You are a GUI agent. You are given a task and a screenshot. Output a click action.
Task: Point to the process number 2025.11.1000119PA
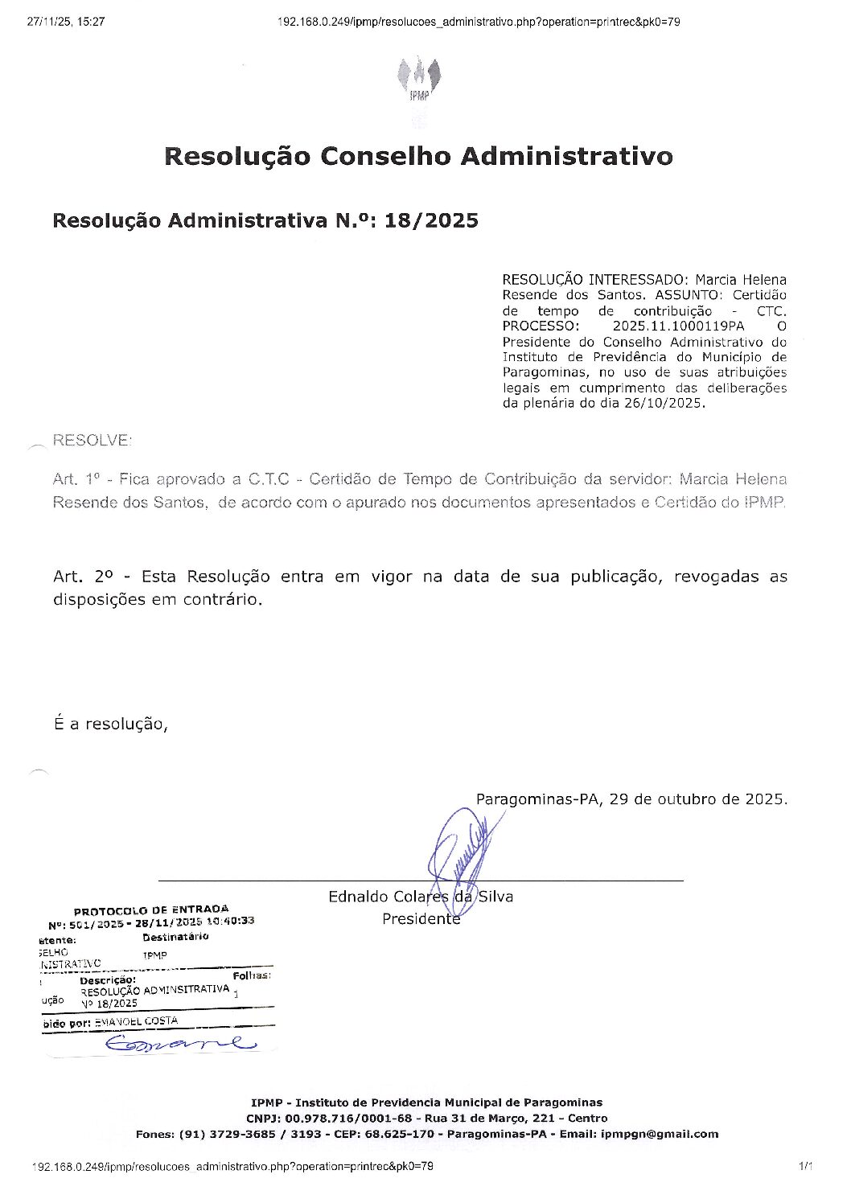(678, 326)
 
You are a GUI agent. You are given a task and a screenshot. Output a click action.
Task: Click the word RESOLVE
(91, 441)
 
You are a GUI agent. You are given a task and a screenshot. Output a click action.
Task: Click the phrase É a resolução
(110, 724)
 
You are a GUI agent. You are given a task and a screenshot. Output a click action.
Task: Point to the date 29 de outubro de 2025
(697, 799)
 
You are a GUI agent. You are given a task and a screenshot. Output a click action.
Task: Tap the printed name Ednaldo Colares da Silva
(420, 897)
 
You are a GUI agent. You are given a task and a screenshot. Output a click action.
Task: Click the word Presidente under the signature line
(421, 918)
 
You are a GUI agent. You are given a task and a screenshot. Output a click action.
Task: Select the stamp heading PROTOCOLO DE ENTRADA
(151, 910)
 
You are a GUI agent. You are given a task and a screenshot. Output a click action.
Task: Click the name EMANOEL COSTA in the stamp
(136, 1021)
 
